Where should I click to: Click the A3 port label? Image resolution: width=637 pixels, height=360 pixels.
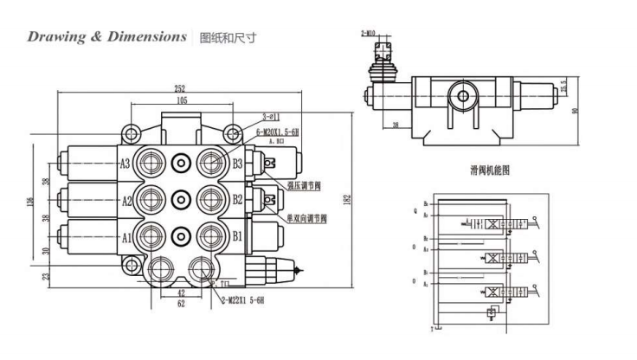click(125, 163)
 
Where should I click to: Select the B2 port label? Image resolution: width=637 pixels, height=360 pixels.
click(238, 199)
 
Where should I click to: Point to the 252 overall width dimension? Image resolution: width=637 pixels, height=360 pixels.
click(180, 87)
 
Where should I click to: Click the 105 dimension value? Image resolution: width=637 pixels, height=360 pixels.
click(183, 100)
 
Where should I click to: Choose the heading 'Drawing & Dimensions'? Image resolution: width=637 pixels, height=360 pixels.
click(106, 36)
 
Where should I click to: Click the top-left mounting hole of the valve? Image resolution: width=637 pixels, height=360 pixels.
click(131, 133)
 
